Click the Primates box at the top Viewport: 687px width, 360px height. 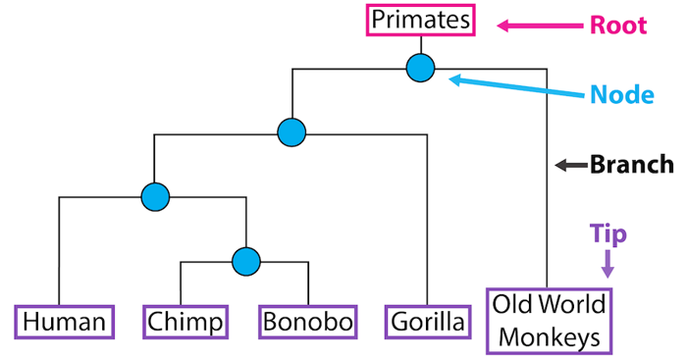pyautogui.click(x=421, y=20)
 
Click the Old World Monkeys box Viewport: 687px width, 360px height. pyautogui.click(x=549, y=322)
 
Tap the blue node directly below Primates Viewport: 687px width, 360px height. pyautogui.click(x=421, y=68)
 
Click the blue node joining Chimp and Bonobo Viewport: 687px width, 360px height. pyautogui.click(x=245, y=261)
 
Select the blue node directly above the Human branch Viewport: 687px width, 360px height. pyautogui.click(x=155, y=196)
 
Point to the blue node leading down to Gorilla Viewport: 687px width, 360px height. pyautogui.click(x=291, y=131)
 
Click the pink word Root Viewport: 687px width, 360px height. pyautogui.click(x=617, y=25)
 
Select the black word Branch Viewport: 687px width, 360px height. pyautogui.click(x=631, y=165)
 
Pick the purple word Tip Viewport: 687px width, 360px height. pyautogui.click(x=608, y=232)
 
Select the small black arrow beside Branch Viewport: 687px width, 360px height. pyautogui.click(x=568, y=166)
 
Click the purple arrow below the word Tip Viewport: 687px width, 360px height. pyautogui.click(x=608, y=262)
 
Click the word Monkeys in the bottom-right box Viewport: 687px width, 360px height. pyautogui.click(x=549, y=337)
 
